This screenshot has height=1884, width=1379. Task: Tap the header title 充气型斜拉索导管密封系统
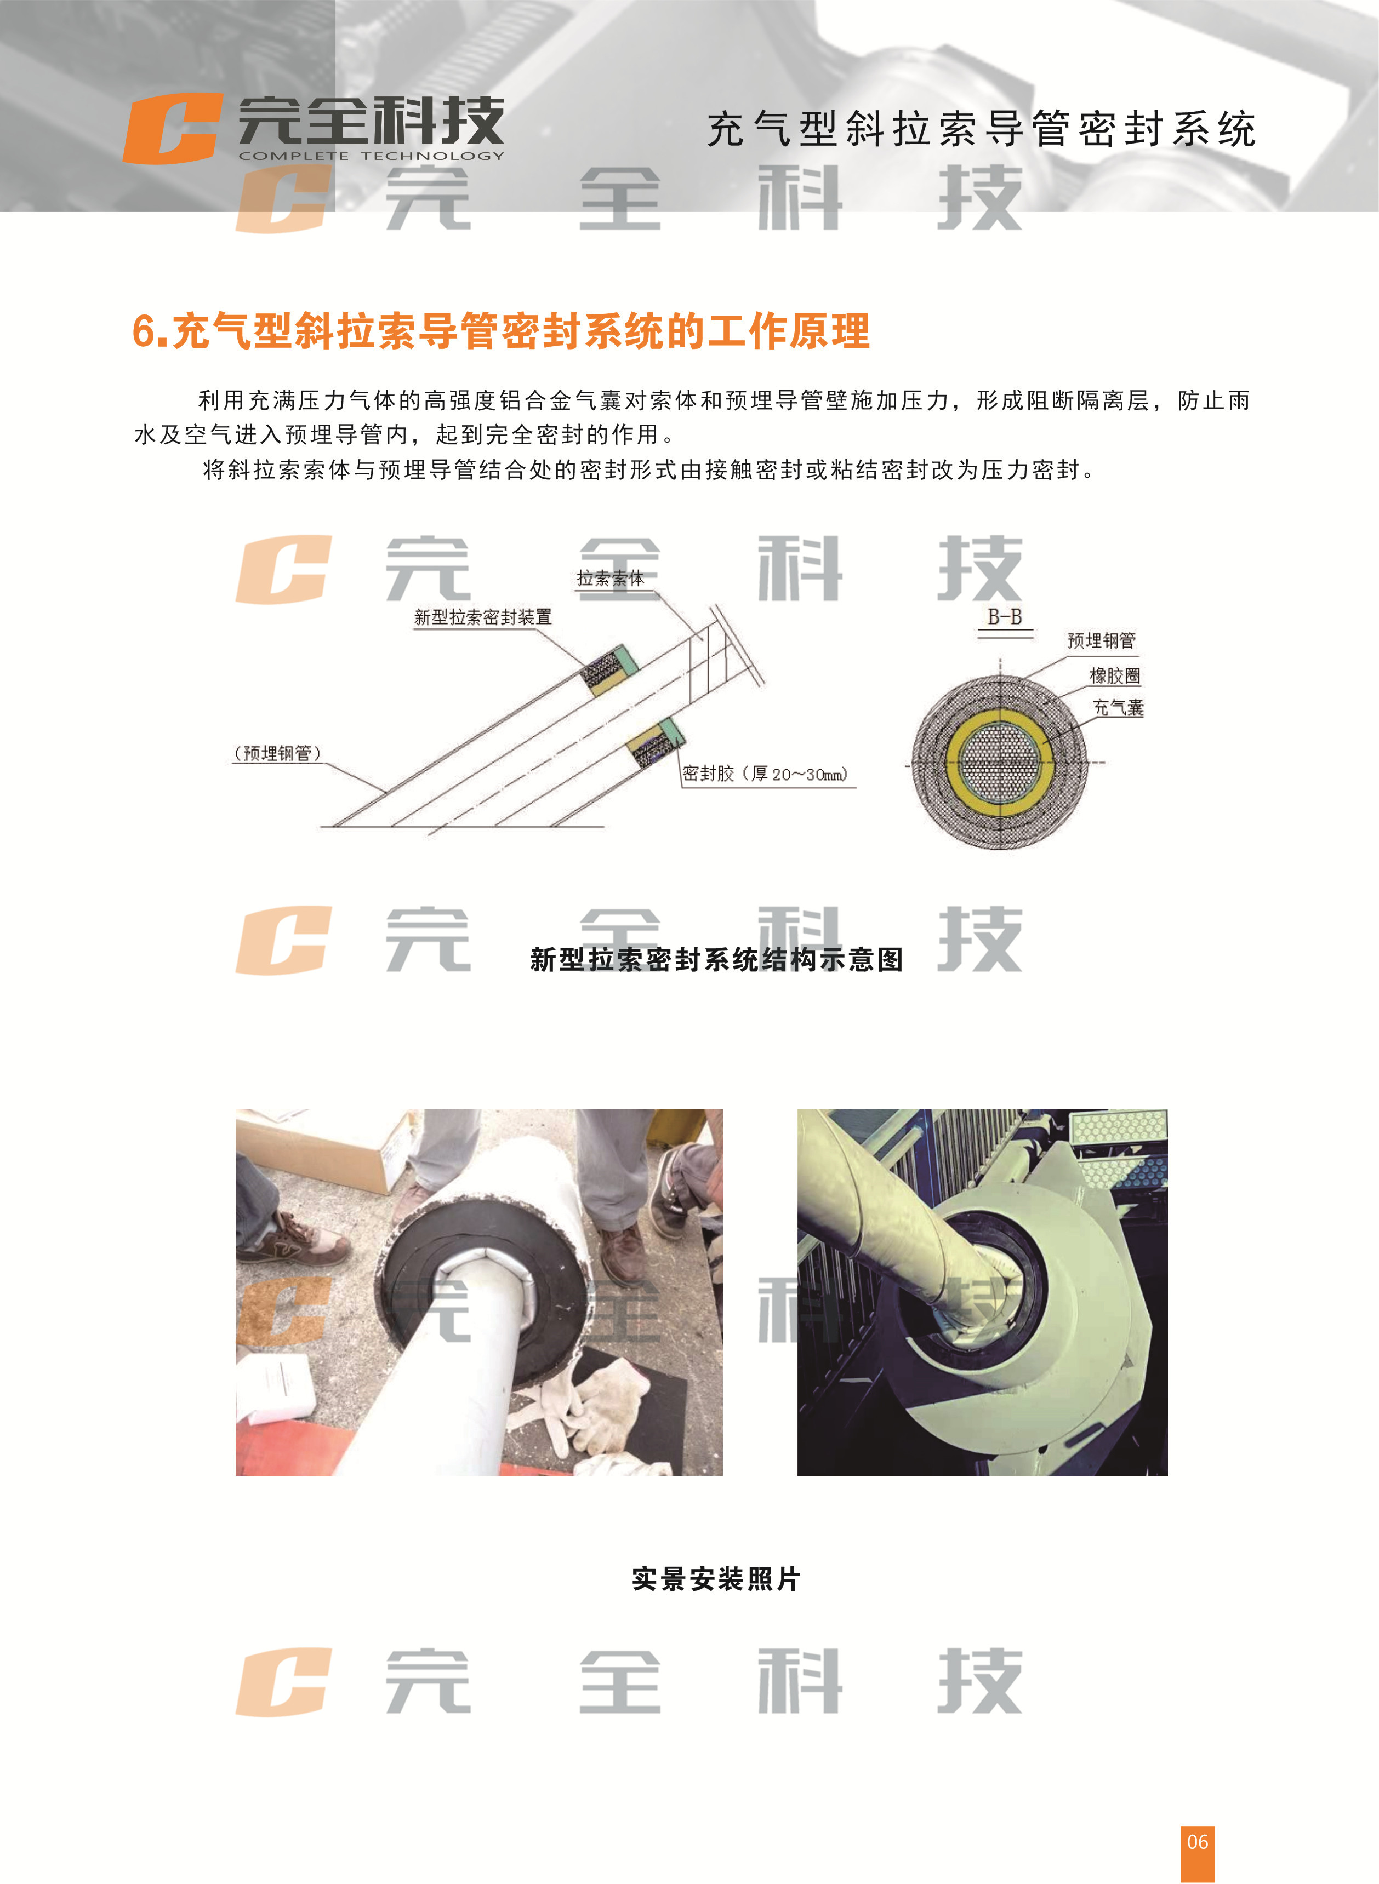coord(981,129)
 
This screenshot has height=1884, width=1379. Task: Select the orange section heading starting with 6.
coord(501,331)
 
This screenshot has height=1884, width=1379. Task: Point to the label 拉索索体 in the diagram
coord(610,578)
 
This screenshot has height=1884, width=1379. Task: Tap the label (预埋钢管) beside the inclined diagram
coord(277,753)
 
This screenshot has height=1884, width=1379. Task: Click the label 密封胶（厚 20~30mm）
coord(765,774)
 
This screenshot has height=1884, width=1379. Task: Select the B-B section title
coord(1004,617)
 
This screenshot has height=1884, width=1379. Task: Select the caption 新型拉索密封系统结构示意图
coord(716,959)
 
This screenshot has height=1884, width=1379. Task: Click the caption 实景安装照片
coord(716,1579)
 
